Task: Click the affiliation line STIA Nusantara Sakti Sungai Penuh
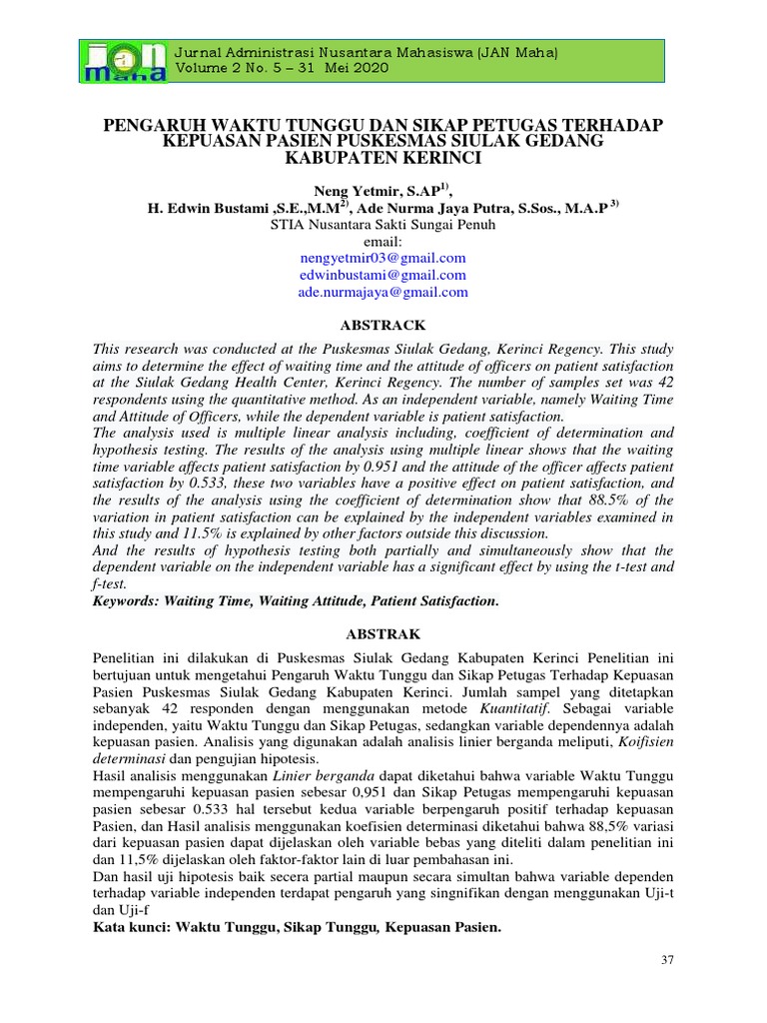383,225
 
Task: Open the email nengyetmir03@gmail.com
383,258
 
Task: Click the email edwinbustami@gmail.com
383,275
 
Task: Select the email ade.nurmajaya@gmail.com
383,292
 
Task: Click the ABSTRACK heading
383,325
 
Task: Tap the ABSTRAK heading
383,634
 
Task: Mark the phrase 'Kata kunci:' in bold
131,927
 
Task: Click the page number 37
667,960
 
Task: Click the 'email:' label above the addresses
383,241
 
